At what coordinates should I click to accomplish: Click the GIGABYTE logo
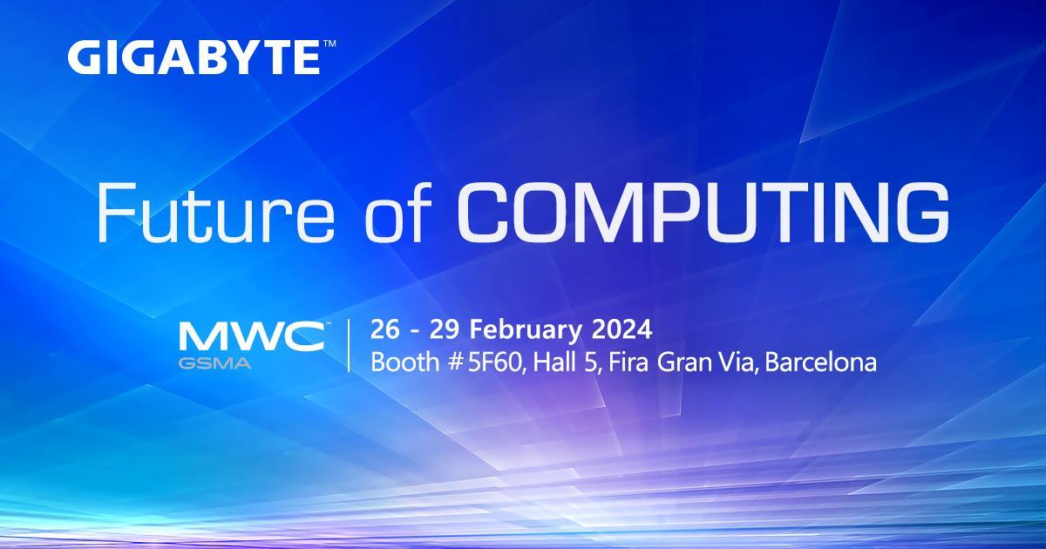coord(192,58)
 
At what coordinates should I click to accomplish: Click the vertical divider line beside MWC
coord(349,346)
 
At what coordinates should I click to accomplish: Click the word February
coord(532,331)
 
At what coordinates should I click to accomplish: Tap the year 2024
coord(622,330)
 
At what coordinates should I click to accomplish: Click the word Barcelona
coord(824,362)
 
